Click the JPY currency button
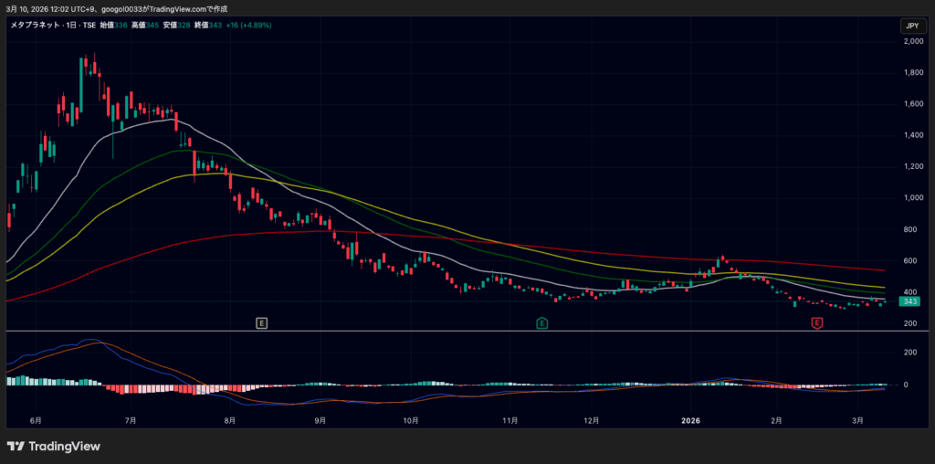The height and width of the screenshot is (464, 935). coord(911,26)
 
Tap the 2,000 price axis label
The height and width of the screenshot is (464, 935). coord(910,41)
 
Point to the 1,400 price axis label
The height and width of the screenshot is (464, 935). coord(910,135)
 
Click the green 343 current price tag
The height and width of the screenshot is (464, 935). coord(909,301)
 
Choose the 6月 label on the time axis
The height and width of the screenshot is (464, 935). coord(36,421)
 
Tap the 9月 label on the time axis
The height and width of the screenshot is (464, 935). coord(320,421)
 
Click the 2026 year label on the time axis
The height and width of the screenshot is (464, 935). coord(691,421)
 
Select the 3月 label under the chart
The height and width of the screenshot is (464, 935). coord(857,421)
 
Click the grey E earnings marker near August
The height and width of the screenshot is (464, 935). coord(262,323)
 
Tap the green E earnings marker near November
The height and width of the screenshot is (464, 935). coord(541,323)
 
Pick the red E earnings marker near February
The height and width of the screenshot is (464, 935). coord(817,323)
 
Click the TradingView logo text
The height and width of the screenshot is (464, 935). coord(64,447)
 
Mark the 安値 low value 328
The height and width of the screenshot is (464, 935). coord(184,25)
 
